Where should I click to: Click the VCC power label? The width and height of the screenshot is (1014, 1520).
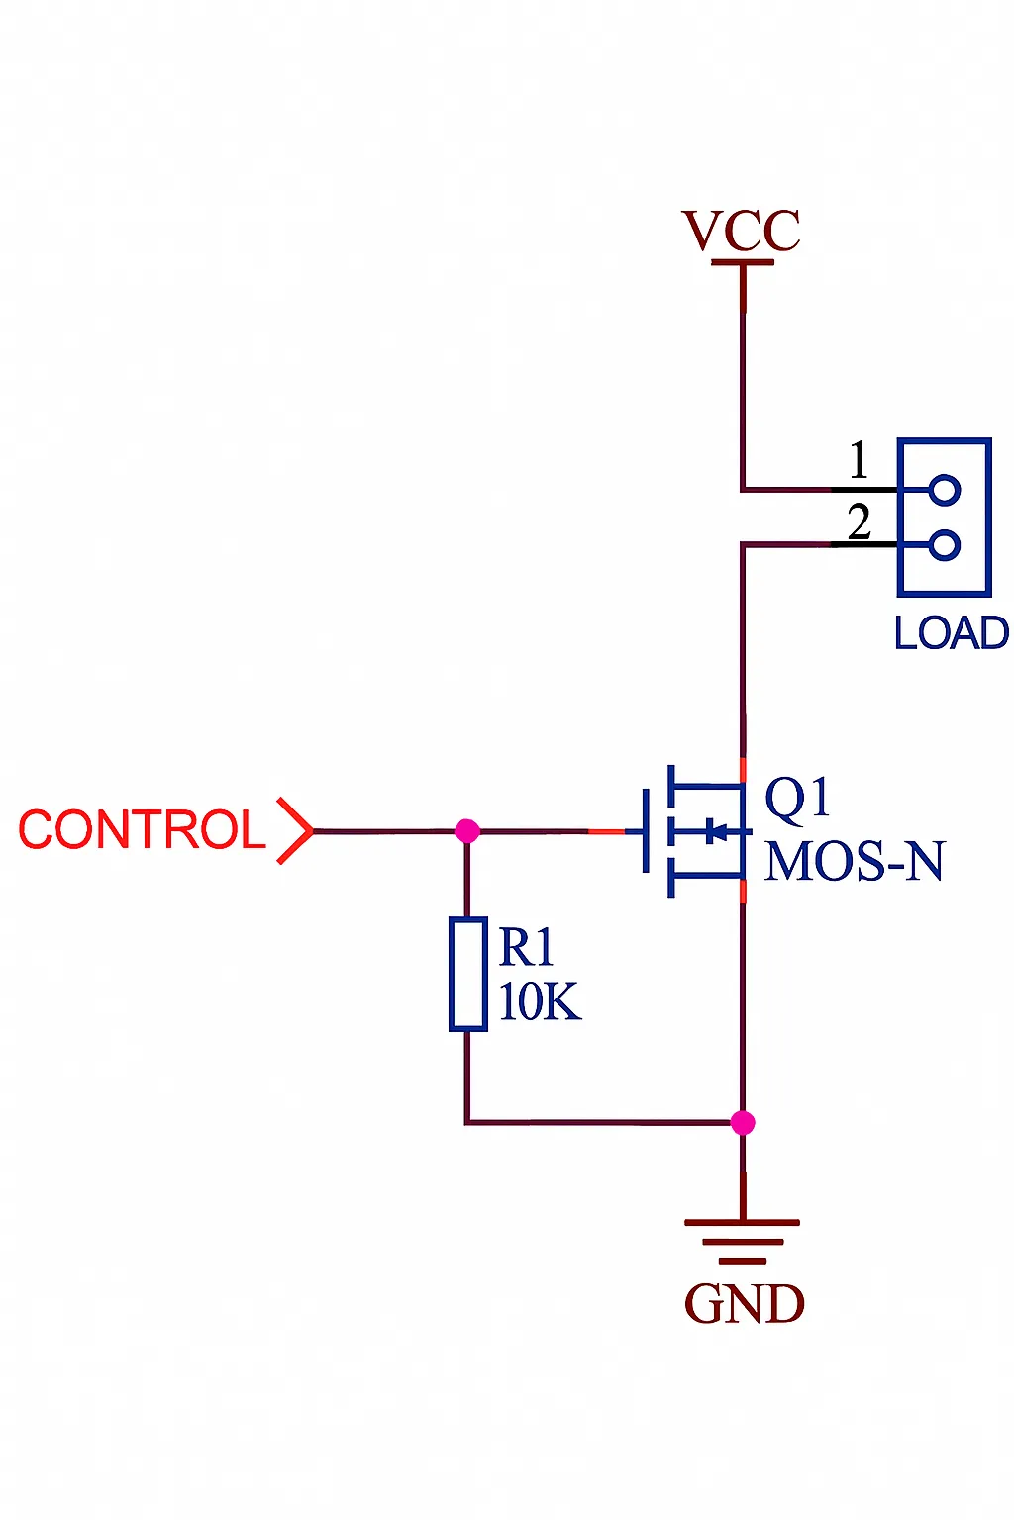pos(741,232)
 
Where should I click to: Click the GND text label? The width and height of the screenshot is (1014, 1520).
pos(745,1304)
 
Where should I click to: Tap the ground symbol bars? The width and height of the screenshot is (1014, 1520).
pos(743,1241)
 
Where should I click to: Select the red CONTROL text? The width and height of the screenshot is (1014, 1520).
pos(142,830)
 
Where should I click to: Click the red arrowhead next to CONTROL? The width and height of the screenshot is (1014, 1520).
pos(295,830)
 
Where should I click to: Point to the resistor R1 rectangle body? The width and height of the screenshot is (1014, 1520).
pos(467,975)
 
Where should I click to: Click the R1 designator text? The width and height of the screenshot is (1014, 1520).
pos(526,948)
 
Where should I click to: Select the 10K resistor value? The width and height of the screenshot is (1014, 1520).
pos(540,1001)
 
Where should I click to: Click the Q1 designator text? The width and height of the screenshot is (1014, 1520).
pos(797,798)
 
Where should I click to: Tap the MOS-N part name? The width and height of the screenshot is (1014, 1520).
pos(855,861)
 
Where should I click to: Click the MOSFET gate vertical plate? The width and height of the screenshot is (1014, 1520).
pos(646,830)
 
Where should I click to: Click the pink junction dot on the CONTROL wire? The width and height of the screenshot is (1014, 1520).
pos(467,831)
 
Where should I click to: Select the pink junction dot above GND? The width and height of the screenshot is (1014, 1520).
pos(743,1122)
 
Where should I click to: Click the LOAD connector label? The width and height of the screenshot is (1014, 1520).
pos(951,633)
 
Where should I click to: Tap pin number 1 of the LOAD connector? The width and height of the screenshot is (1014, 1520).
pos(859,461)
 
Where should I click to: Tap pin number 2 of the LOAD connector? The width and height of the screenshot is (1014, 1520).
pos(859,522)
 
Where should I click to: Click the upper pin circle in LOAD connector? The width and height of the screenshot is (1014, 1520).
pos(945,490)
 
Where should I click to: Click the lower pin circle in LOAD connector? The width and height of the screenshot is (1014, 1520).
pos(945,545)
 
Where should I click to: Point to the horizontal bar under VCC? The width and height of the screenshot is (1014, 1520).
pos(743,262)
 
